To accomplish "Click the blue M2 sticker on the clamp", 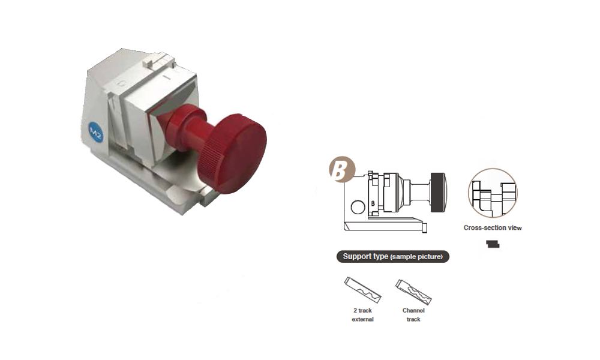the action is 95,133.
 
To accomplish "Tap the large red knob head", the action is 233,153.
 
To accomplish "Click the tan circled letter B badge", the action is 342,169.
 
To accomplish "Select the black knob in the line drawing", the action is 438,193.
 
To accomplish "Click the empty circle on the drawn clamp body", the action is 358,207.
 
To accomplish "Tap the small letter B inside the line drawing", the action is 373,203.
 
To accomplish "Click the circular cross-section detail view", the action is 493,193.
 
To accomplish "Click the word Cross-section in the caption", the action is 482,227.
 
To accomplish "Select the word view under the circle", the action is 515,227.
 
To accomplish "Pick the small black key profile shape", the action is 493,244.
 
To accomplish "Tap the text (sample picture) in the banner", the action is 416,257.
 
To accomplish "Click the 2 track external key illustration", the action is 362,290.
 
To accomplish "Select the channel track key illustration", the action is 413,292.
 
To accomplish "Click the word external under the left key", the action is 362,319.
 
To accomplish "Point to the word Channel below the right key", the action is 413,310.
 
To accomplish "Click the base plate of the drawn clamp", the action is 385,227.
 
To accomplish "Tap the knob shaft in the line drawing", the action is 421,193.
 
